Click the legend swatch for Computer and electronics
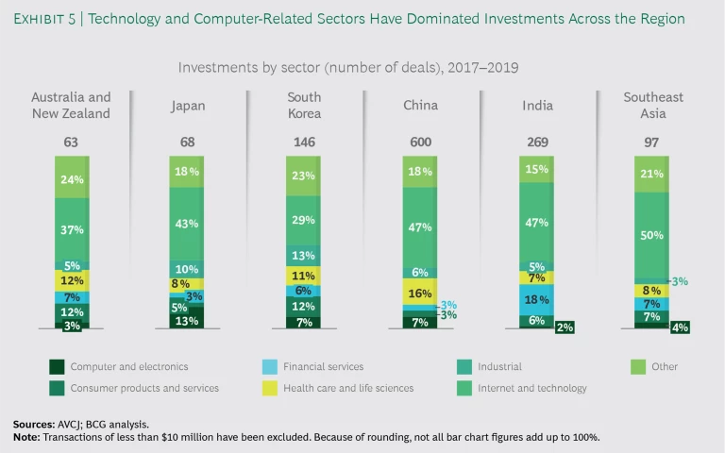pyautogui.click(x=57, y=366)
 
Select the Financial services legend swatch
pyautogui.click(x=266, y=366)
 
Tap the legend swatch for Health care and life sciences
pyautogui.click(x=266, y=387)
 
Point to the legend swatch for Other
pyautogui.click(x=637, y=366)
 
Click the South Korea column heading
pyautogui.click(x=304, y=106)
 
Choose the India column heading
pyautogui.click(x=537, y=106)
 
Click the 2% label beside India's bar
pyautogui.click(x=565, y=327)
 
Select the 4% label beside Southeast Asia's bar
pyautogui.click(x=680, y=327)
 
